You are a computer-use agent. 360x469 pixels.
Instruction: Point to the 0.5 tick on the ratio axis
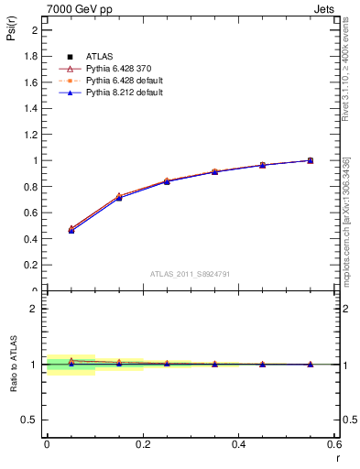coord(33,420)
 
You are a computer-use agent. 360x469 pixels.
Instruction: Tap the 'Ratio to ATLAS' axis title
coord(12,364)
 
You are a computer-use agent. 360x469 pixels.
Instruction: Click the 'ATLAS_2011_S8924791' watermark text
coord(190,274)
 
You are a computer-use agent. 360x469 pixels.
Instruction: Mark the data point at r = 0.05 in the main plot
coord(71,230)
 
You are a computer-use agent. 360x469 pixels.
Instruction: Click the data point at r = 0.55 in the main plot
coord(311,160)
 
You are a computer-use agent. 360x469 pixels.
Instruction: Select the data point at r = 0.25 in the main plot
coord(167,181)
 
